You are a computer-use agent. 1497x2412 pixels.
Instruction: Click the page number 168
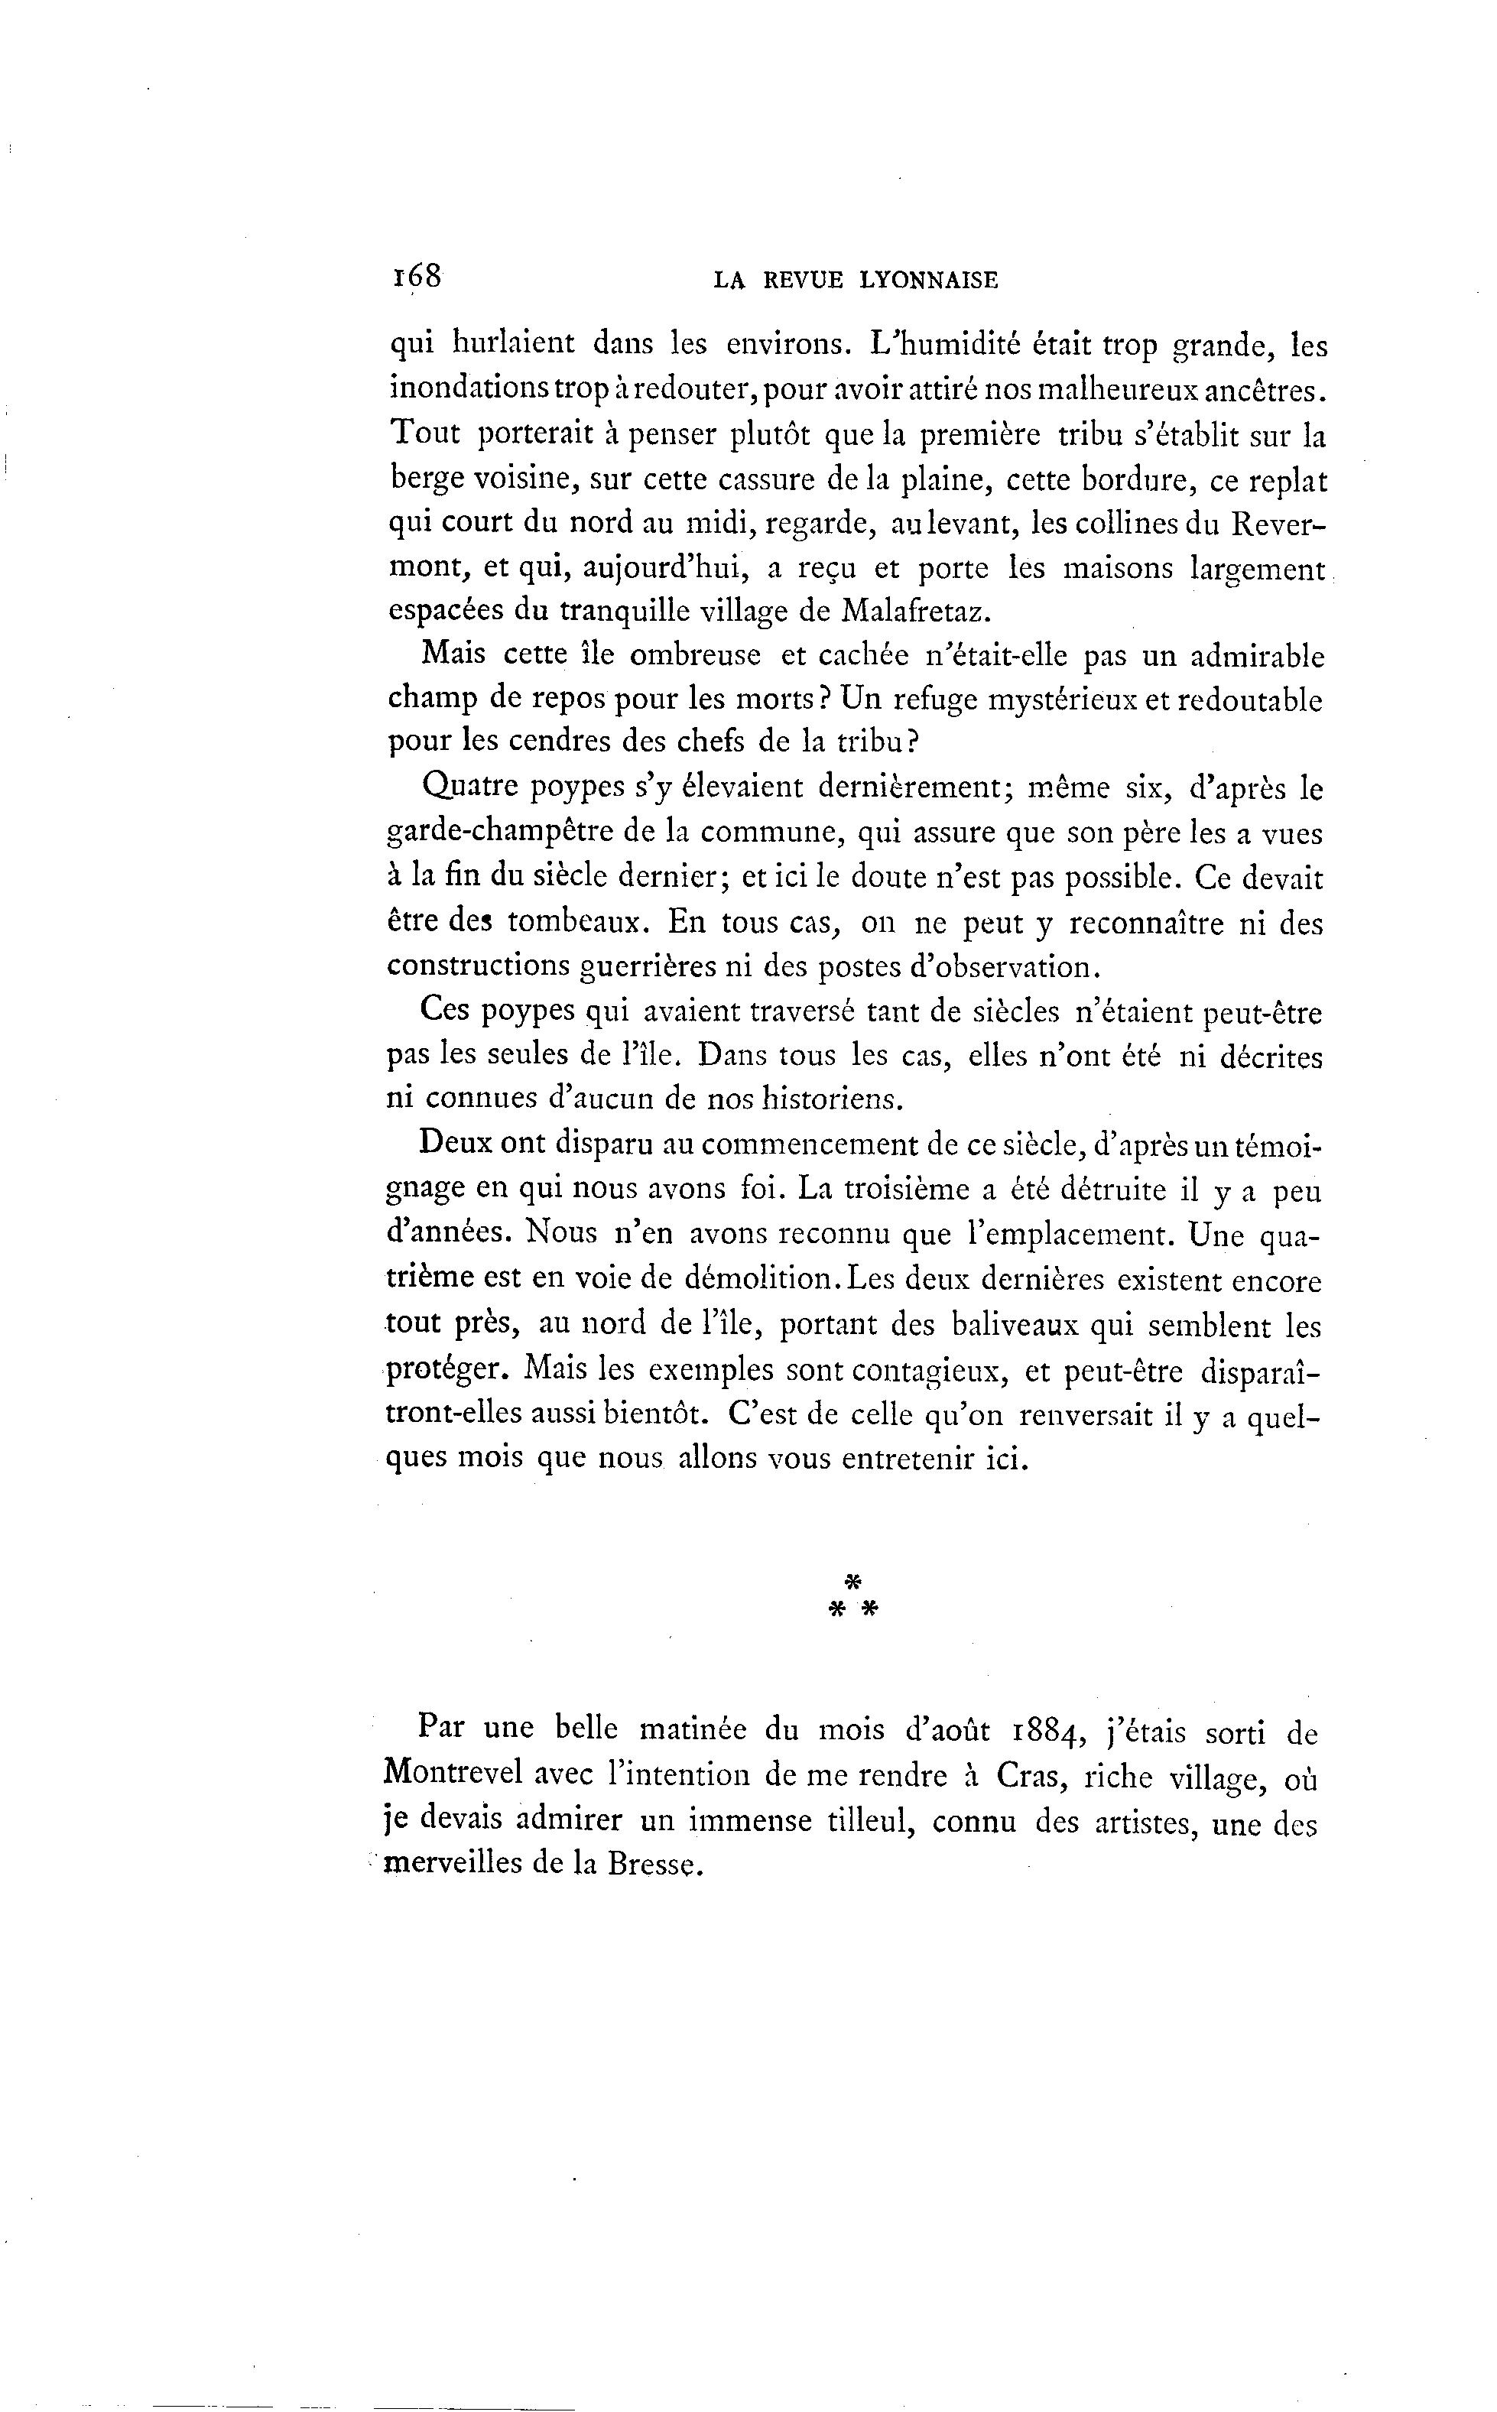[416, 277]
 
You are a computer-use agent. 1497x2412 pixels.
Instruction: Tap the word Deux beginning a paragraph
[454, 1143]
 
